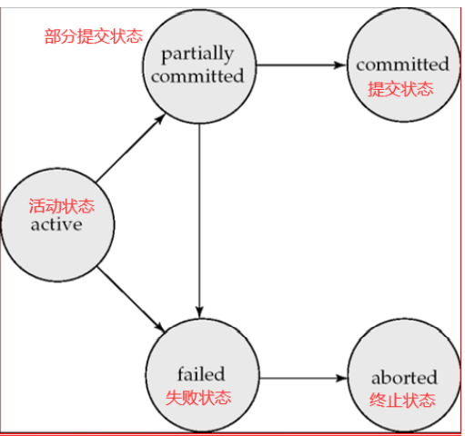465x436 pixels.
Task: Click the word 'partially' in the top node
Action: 197,54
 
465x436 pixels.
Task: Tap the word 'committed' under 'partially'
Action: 197,75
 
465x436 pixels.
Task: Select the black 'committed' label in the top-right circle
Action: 402,64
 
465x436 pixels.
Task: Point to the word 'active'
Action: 56,224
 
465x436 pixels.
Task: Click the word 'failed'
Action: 201,373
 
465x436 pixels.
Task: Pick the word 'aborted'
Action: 404,377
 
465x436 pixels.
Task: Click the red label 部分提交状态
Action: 94,36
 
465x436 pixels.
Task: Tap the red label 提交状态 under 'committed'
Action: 400,89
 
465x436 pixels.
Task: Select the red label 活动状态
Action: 62,206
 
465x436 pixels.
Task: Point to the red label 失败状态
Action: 198,397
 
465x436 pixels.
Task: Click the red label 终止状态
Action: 402,400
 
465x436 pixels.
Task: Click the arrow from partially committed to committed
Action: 301,64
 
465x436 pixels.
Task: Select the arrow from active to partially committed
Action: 131,148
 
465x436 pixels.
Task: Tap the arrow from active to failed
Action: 131,299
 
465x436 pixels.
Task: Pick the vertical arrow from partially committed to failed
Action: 199,221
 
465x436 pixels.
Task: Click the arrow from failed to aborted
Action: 303,378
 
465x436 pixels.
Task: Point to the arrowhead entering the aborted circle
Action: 342,378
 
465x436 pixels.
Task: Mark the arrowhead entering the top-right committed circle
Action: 340,64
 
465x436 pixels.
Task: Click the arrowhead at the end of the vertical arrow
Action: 199,312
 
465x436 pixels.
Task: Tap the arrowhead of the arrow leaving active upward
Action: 160,119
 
